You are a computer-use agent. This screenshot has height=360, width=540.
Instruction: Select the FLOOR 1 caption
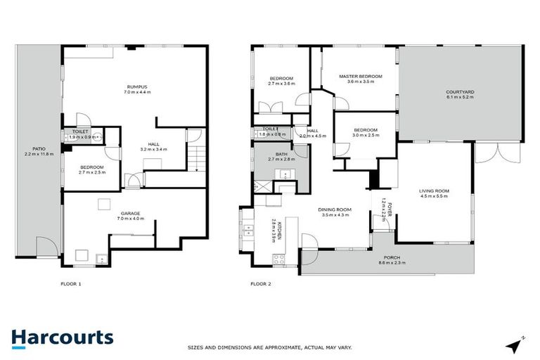point(71,284)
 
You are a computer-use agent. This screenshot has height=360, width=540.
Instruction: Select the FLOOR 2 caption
point(261,284)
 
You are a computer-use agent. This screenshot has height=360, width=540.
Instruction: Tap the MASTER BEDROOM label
point(360,76)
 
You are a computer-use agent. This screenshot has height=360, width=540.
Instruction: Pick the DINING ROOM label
point(335,210)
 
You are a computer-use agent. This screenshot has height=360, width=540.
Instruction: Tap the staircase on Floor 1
point(197,160)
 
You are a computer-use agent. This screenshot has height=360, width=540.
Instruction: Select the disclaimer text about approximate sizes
point(269,347)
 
